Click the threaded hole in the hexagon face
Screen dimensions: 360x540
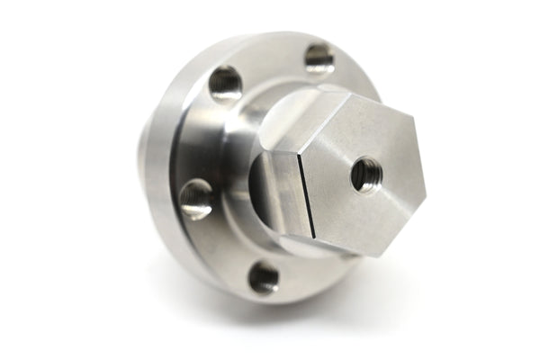tap(364, 173)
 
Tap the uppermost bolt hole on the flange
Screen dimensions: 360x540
tap(319, 58)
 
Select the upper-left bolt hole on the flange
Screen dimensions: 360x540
tap(225, 84)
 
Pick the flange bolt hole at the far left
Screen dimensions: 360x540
tap(195, 198)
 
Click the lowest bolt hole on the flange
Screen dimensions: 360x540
tap(264, 277)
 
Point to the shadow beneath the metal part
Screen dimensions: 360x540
tap(297, 310)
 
